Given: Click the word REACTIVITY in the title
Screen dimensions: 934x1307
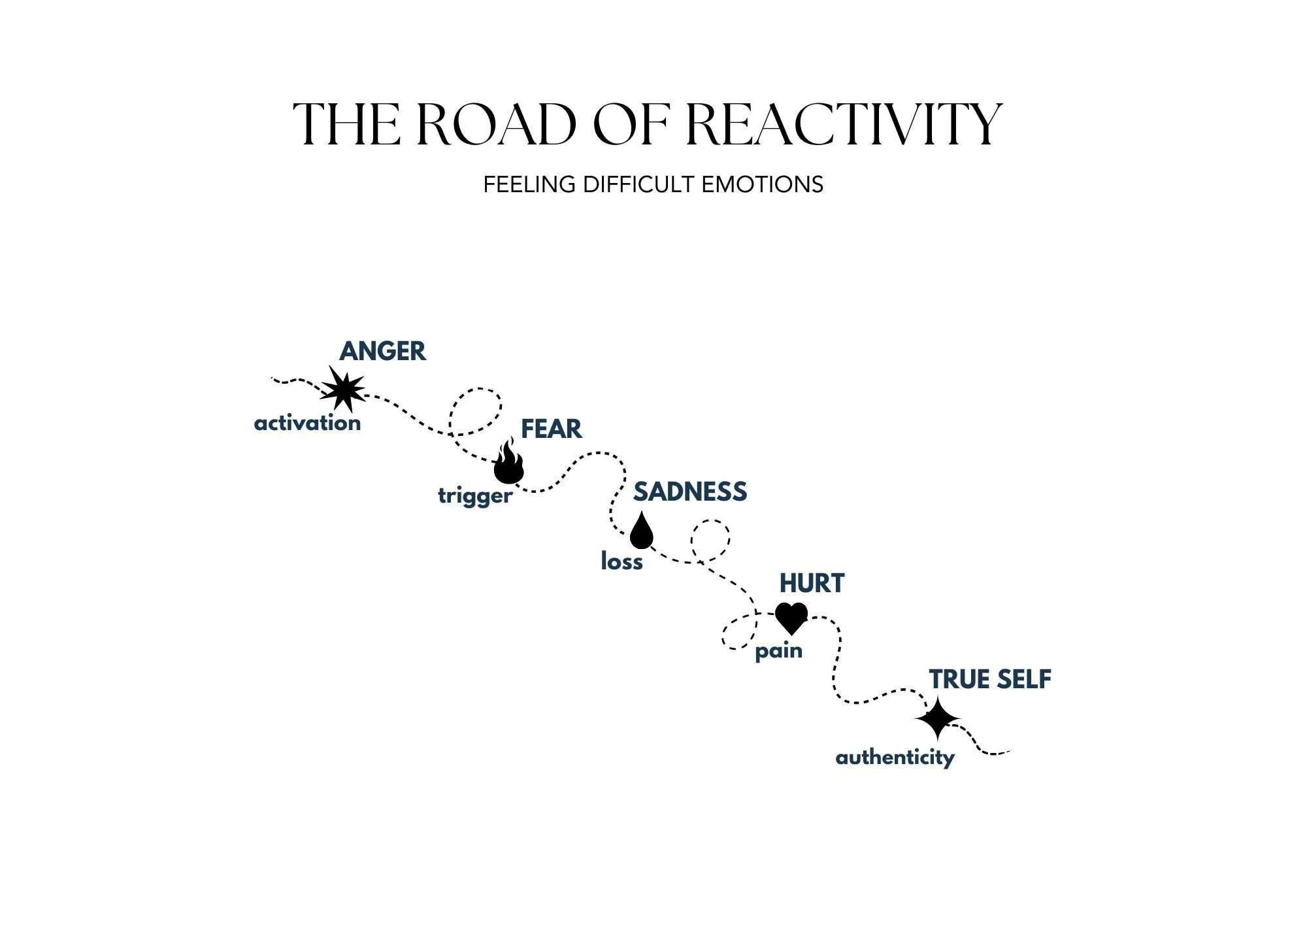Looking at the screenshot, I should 844,124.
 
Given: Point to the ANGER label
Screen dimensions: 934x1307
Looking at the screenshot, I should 382,352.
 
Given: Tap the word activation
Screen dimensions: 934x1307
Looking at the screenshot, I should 307,424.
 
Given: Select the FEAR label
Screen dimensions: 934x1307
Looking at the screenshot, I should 551,429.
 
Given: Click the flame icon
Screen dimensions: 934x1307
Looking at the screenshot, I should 508,462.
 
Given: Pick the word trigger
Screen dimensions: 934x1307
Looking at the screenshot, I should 475,496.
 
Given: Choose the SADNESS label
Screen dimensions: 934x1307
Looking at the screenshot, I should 689,492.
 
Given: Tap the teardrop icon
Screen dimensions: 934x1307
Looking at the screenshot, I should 641,531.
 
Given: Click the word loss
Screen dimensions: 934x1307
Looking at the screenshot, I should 621,562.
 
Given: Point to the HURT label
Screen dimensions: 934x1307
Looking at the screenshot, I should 812,584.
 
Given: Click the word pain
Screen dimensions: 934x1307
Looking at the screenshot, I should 778,652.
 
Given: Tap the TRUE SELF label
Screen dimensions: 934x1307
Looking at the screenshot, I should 990,680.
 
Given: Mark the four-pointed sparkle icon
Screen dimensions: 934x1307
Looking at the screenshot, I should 937,719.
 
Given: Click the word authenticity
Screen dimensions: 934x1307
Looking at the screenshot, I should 895,758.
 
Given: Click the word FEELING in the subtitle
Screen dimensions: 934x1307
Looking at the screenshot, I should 529,185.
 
